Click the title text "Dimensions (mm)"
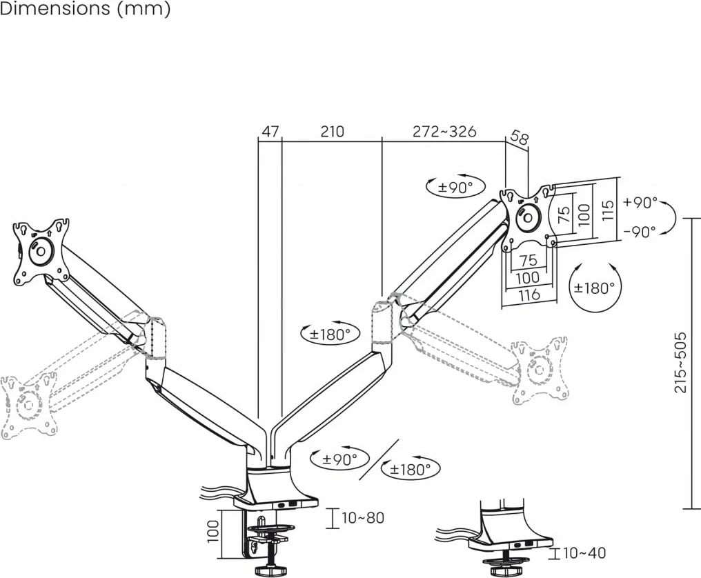pyautogui.click(x=85, y=9)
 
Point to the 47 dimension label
pyautogui.click(x=270, y=132)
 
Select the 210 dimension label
pyautogui.click(x=332, y=132)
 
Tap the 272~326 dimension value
pyautogui.click(x=444, y=132)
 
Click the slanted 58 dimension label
pyautogui.click(x=519, y=137)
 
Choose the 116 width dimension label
pyautogui.click(x=529, y=295)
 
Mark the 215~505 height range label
pyautogui.click(x=680, y=362)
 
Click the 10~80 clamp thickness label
pyautogui.click(x=363, y=518)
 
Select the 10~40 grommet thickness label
pyautogui.click(x=584, y=553)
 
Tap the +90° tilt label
pyautogui.click(x=641, y=203)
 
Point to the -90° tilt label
pyautogui.click(x=640, y=232)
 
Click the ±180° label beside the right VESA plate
pyautogui.click(x=594, y=288)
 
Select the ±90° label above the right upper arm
pyautogui.click(x=455, y=188)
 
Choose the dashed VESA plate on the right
pyautogui.click(x=540, y=370)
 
